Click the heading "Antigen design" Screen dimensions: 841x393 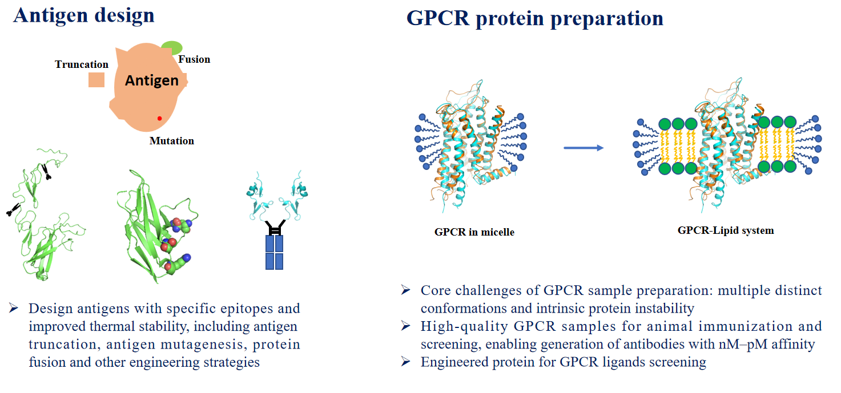(84, 16)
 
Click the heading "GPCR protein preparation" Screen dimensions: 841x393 (534, 18)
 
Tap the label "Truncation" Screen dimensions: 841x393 (82, 64)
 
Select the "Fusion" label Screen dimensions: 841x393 (194, 59)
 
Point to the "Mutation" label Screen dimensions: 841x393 (172, 141)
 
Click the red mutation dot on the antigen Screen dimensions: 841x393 (159, 119)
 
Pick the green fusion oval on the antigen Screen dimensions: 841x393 (172, 48)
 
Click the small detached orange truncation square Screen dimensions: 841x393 (96, 80)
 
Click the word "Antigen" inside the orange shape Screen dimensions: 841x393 (152, 80)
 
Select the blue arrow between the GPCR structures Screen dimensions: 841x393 (584, 148)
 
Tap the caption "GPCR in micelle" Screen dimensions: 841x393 (474, 232)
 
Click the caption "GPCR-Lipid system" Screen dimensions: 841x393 (725, 230)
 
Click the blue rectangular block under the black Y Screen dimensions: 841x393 (275, 252)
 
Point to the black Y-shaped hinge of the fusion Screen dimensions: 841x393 (275, 228)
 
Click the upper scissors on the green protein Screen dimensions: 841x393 (46, 171)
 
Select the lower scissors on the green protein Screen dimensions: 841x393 (13, 210)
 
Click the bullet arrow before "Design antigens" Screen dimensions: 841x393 (14, 308)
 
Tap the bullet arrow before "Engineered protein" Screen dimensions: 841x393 (405, 362)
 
